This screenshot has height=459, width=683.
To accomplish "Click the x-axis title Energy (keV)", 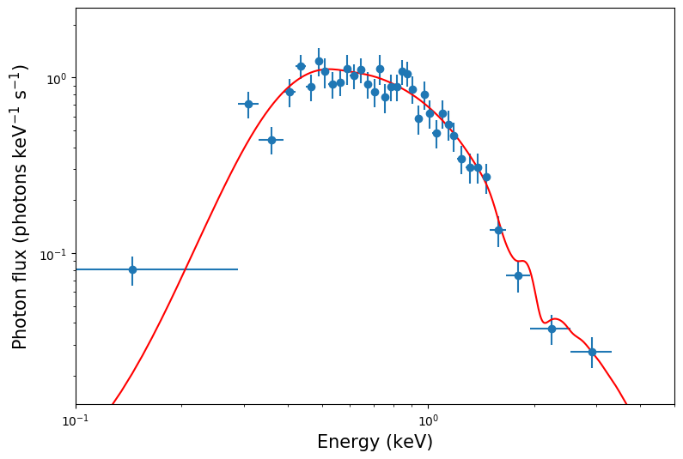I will point(375,443).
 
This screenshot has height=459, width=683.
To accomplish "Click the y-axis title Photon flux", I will point(21,206).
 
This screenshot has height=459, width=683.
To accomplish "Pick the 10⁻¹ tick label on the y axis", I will point(54,255).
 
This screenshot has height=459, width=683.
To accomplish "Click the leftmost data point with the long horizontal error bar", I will point(132,269).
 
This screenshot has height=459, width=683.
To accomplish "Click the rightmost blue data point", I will point(592,352).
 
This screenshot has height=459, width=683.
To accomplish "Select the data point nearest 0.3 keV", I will point(248,104).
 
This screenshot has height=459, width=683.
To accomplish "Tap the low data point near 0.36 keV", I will point(271,140).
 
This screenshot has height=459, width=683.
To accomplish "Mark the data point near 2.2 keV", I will point(552,329).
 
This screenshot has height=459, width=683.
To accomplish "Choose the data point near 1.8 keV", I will point(518,275).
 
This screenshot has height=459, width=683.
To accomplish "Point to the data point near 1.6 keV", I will point(498,230).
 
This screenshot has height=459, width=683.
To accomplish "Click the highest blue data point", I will point(319,61).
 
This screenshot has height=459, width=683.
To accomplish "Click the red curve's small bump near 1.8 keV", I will point(521,261).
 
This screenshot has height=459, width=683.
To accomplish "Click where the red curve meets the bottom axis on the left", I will point(112,403).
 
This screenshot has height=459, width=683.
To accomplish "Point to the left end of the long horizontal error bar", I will point(76,269).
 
